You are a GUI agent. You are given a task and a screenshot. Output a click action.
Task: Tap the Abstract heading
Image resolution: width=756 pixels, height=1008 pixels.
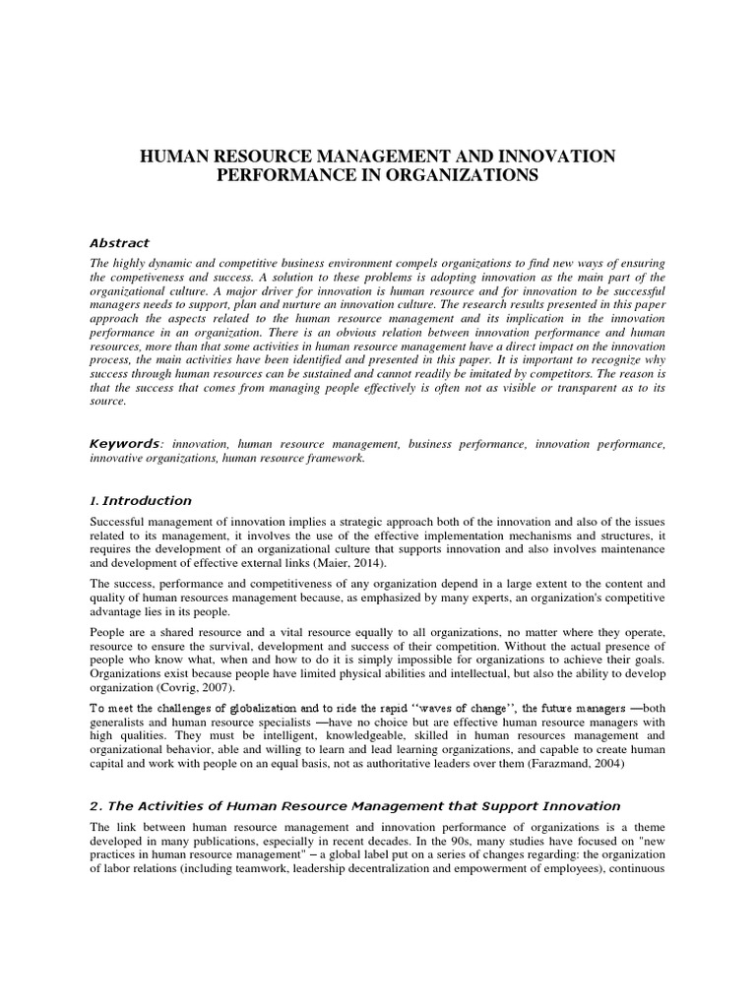pos(119,243)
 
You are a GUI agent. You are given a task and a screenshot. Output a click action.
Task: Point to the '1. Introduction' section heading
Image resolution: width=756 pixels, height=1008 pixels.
pos(141,501)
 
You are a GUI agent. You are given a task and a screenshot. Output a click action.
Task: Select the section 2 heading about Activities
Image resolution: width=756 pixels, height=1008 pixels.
pos(354,806)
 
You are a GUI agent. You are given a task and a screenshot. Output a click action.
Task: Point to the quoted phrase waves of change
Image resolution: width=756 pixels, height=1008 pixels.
pos(458,708)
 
